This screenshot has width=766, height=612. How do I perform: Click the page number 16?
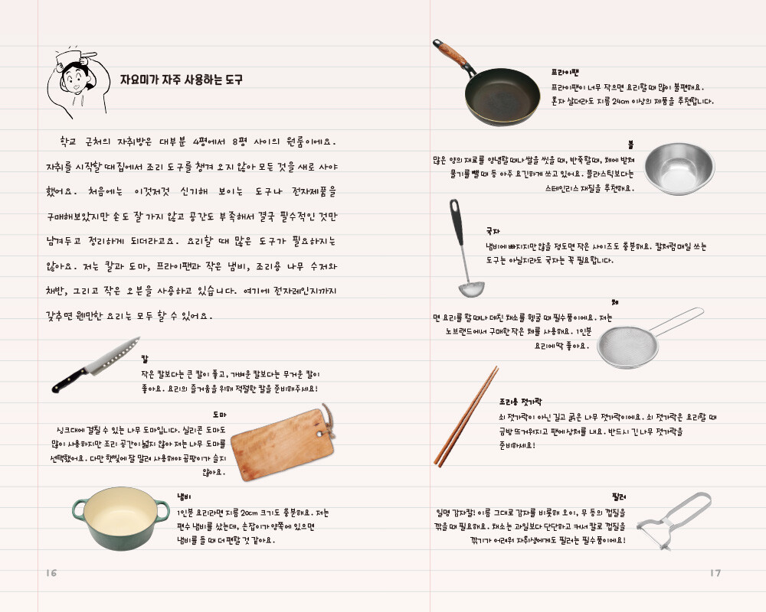coord(51,572)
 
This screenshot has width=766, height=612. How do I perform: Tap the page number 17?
coord(715,572)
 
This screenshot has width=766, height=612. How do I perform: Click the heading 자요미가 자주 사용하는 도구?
coord(182,80)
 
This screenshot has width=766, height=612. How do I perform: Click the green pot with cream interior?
coord(121,517)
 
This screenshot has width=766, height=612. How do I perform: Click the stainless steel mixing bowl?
coord(679,168)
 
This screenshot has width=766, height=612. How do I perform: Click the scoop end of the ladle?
coord(471,289)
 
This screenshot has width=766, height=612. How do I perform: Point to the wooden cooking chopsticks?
coord(466,416)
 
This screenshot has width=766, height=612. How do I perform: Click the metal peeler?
coord(674,520)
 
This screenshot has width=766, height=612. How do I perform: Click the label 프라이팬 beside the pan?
coord(565,72)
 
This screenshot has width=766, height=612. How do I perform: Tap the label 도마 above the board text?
coord(219,415)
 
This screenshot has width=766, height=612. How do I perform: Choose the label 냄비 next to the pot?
coord(184,497)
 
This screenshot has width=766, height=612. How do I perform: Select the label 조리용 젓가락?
coord(520,402)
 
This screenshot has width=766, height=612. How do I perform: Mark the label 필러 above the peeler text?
coord(618,496)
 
